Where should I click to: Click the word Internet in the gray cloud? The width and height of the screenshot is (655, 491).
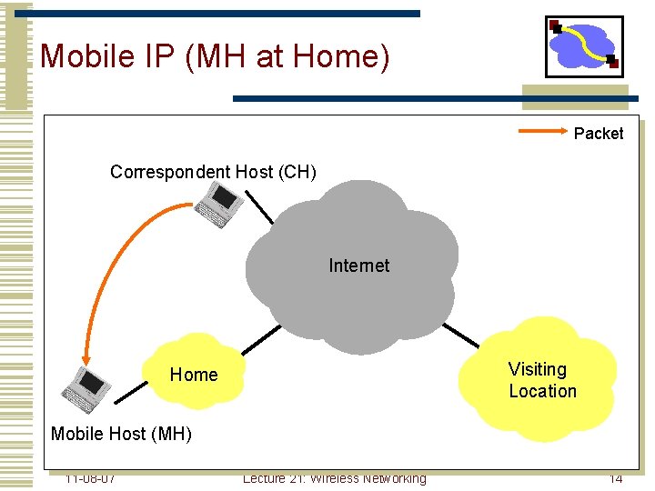coord(358,266)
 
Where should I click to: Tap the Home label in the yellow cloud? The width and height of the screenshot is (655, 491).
coord(194,375)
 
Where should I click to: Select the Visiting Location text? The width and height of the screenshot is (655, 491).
coord(542,380)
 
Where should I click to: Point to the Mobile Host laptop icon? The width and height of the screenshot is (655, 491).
coord(86,389)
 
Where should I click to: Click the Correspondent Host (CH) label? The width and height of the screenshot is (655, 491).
coord(213,172)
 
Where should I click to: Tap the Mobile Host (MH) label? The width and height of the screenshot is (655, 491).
coord(121,434)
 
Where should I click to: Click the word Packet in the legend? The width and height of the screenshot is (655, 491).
coord(599,134)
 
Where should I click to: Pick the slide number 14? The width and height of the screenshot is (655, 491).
coord(616,478)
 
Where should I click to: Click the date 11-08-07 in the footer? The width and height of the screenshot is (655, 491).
coord(90,478)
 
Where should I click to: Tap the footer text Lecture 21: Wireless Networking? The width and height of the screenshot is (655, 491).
coord(334,478)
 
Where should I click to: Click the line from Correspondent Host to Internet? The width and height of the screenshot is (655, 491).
coord(261,210)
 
